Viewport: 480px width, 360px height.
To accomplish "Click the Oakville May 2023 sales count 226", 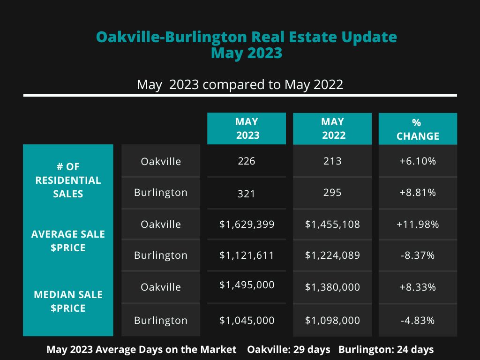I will (247, 161).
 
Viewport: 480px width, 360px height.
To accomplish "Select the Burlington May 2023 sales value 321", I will (247, 194).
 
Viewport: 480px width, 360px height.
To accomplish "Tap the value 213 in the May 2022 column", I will (332, 161).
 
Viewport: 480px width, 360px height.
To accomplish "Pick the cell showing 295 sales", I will (332, 193).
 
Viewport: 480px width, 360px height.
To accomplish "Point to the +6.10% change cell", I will (418, 161).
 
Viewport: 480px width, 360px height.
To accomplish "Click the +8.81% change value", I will (418, 193).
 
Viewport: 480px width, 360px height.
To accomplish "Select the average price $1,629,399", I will (247, 225).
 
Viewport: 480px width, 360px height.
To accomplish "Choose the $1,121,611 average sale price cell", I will (247, 255).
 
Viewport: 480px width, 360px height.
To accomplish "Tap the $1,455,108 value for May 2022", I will (332, 225).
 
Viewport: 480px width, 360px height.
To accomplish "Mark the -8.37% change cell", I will (418, 255).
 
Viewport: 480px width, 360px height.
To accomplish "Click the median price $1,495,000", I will (247, 285).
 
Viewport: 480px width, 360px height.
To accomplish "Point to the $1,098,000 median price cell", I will (332, 321).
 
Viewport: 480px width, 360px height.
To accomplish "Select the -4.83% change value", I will (418, 321).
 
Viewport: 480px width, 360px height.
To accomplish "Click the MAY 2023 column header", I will (247, 128).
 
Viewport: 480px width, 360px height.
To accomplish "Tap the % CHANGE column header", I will (418, 129).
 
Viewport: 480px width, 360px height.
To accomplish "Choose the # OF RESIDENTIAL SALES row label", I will (68, 180).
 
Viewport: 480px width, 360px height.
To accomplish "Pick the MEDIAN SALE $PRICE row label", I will (68, 301).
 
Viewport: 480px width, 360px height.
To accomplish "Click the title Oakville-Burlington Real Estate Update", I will (247, 37).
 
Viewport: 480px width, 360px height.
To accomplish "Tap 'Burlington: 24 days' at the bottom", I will (386, 350).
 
